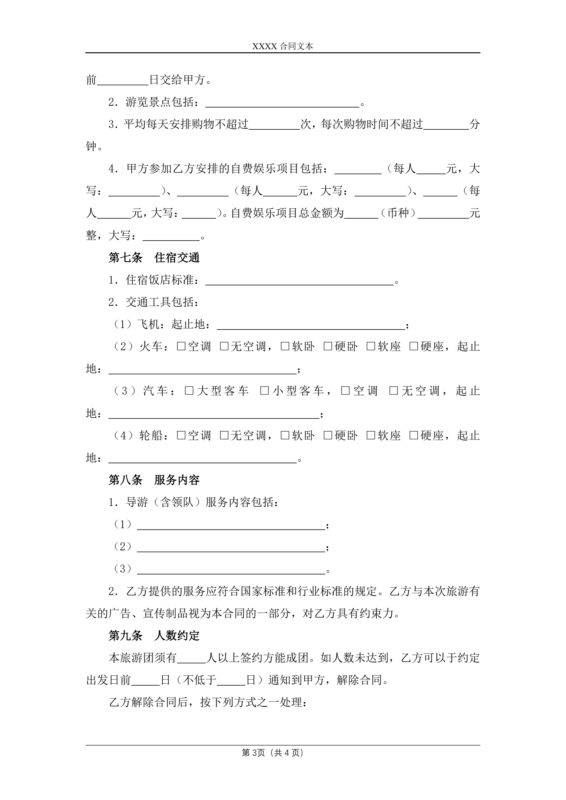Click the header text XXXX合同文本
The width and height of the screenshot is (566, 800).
282,46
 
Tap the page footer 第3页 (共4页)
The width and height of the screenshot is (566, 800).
272,753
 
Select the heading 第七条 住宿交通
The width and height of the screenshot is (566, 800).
154,257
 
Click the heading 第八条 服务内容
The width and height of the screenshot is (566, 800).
154,480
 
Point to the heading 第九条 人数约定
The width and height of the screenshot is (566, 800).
154,635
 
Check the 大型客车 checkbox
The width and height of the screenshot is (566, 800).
189,391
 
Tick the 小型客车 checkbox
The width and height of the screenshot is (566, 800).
264,391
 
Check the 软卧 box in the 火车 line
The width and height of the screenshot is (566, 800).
285,346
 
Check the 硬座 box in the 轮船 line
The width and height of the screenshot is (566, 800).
414,435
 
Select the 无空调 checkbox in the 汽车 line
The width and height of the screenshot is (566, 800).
394,391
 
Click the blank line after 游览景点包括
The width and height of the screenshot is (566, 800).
282,103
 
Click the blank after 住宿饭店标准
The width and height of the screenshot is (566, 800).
299,281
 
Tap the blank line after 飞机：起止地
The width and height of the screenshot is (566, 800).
310,325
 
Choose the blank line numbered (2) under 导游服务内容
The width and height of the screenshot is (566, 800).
231,548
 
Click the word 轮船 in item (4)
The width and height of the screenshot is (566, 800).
151,435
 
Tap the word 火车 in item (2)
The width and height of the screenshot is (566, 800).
151,346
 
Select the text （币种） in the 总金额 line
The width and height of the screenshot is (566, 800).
398,213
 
